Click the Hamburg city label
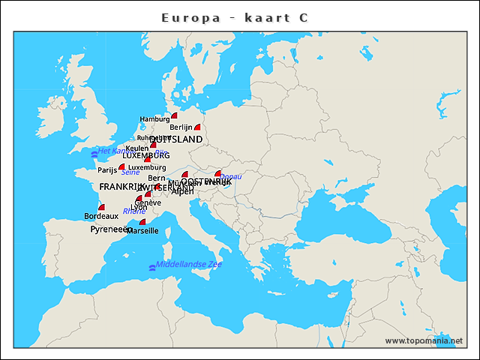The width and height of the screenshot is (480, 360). [x=154, y=119]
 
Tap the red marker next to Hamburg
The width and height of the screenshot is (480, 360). [x=174, y=115]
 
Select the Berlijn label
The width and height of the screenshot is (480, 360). [x=181, y=127]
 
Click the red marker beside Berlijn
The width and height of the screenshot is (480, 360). [x=198, y=127]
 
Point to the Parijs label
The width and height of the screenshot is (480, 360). [x=108, y=170]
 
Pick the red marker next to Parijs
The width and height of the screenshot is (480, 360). [x=121, y=167]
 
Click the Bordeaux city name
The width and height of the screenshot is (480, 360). [x=101, y=216]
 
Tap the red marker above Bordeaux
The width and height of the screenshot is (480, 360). [x=101, y=208]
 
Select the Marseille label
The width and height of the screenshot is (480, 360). [x=142, y=231]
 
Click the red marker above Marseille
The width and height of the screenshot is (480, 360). [x=142, y=222]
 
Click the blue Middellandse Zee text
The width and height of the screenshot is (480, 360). [x=189, y=265]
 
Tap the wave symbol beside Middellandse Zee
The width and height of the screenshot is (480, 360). [x=152, y=267]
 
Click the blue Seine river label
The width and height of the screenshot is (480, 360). [x=130, y=172]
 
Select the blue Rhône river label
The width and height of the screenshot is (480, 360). [x=134, y=211]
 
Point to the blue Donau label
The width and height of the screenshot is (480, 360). [x=231, y=176]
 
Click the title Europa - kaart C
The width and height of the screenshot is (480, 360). [x=235, y=17]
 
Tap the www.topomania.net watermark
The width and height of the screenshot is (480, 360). [x=424, y=340]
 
